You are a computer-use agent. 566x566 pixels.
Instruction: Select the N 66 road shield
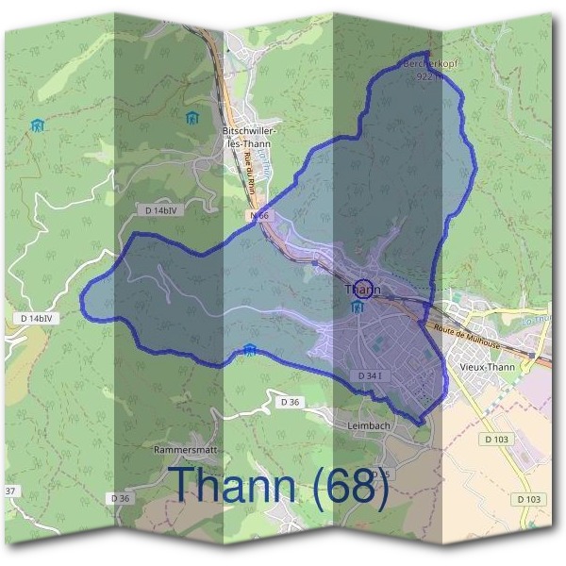pos(261,216)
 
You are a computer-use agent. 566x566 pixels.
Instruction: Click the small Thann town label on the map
pos(363,290)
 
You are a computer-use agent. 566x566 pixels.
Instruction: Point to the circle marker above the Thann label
pos(362,281)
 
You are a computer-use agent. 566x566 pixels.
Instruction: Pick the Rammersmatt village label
pos(186,450)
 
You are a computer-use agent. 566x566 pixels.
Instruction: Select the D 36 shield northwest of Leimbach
pos(290,402)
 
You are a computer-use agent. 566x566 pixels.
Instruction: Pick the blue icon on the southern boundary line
pos(249,351)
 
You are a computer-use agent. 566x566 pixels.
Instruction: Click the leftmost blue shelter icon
pos(36,125)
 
